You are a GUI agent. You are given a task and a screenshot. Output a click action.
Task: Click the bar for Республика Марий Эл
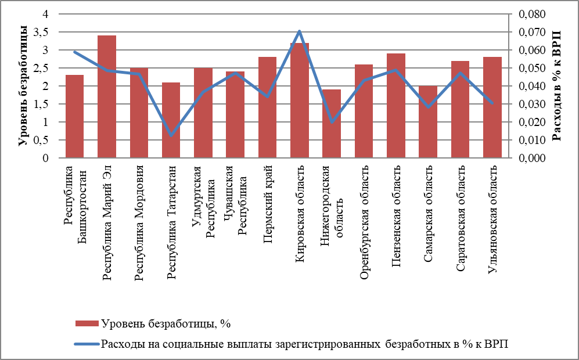click(107, 97)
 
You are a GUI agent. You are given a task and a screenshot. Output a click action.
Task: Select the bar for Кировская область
click(300, 100)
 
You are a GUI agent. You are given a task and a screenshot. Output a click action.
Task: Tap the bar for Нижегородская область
click(332, 124)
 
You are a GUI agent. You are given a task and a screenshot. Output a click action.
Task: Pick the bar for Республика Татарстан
click(171, 120)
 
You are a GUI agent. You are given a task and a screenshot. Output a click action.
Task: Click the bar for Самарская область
click(428, 122)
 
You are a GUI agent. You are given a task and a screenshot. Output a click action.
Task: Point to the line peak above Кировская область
click(300, 31)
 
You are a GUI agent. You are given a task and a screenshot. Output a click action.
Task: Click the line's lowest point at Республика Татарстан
click(171, 135)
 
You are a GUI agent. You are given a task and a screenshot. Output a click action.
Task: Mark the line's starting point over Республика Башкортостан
click(75, 52)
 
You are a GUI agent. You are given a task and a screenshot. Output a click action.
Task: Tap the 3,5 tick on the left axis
click(46, 33)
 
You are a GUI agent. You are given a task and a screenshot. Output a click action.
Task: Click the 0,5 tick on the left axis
click(46, 140)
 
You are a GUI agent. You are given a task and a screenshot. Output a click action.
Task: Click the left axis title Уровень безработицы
click(23, 86)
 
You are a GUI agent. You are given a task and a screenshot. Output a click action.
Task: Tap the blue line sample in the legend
click(87, 343)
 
